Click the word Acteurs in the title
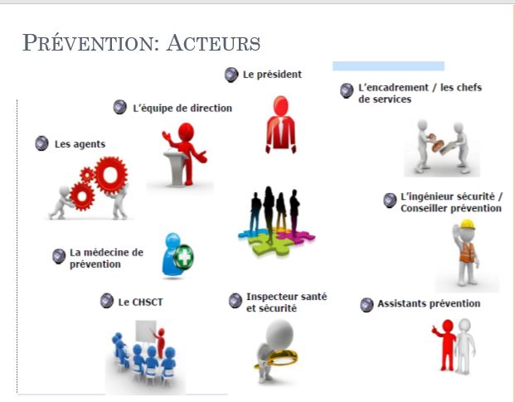[x=213, y=43]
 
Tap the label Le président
[x=272, y=75]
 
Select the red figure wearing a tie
[x=281, y=124]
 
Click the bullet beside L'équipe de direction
[x=120, y=107]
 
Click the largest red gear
[x=110, y=175]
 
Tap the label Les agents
[x=80, y=144]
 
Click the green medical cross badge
[x=183, y=257]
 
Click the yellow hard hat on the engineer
[x=468, y=225]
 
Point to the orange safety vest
[x=468, y=252]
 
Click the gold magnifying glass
[x=277, y=358]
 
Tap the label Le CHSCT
[x=140, y=303]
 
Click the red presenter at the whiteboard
[x=160, y=343]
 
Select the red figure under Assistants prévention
[x=445, y=345]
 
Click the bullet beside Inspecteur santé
[x=236, y=301]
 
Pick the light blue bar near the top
[x=389, y=66]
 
